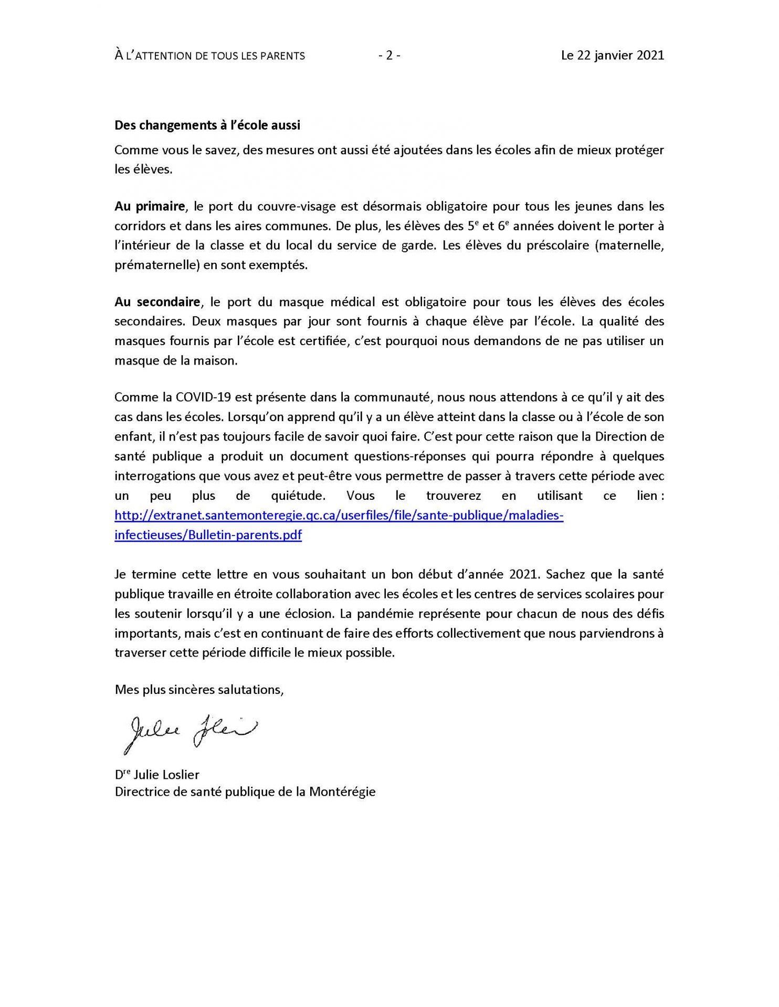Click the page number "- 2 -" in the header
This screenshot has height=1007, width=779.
pyautogui.click(x=389, y=55)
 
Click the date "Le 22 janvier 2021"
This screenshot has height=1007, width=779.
pyautogui.click(x=612, y=55)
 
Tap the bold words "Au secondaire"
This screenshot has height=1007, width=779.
pyautogui.click(x=157, y=302)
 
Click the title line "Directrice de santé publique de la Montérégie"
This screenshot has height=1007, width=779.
pyautogui.click(x=245, y=791)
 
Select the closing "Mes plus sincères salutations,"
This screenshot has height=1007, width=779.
pyautogui.click(x=199, y=690)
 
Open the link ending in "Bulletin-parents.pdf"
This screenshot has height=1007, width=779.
pyautogui.click(x=208, y=535)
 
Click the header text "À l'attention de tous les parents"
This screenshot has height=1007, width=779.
pyautogui.click(x=209, y=56)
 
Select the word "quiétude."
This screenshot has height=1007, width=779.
pyautogui.click(x=295, y=496)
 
